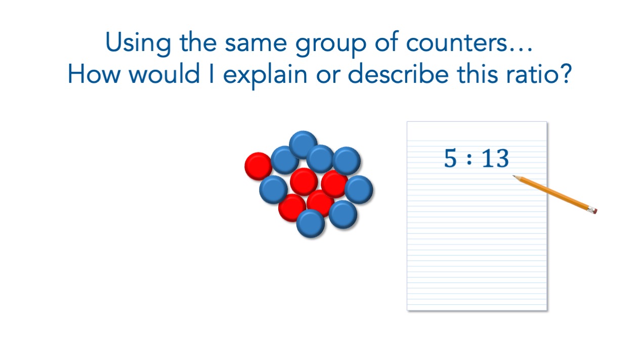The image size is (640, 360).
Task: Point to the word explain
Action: pos(265,75)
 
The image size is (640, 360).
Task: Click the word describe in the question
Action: pos(398,74)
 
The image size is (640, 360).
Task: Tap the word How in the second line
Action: pos(94,74)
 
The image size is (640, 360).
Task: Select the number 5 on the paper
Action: pos(450,158)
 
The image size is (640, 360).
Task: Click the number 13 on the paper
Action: pos(495,158)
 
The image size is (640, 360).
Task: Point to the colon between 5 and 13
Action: pos(469,159)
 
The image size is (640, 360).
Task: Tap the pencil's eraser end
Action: pos(594,210)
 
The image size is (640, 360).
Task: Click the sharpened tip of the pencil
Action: pos(514,176)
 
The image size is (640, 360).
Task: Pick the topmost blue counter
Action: pos(303,145)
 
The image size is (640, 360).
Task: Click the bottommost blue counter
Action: pos(311,223)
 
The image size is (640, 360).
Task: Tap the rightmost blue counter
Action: pos(359,190)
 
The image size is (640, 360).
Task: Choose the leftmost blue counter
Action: pos(273,190)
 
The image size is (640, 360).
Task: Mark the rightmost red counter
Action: pos(334,184)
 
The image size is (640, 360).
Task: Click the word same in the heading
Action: pos(255,43)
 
